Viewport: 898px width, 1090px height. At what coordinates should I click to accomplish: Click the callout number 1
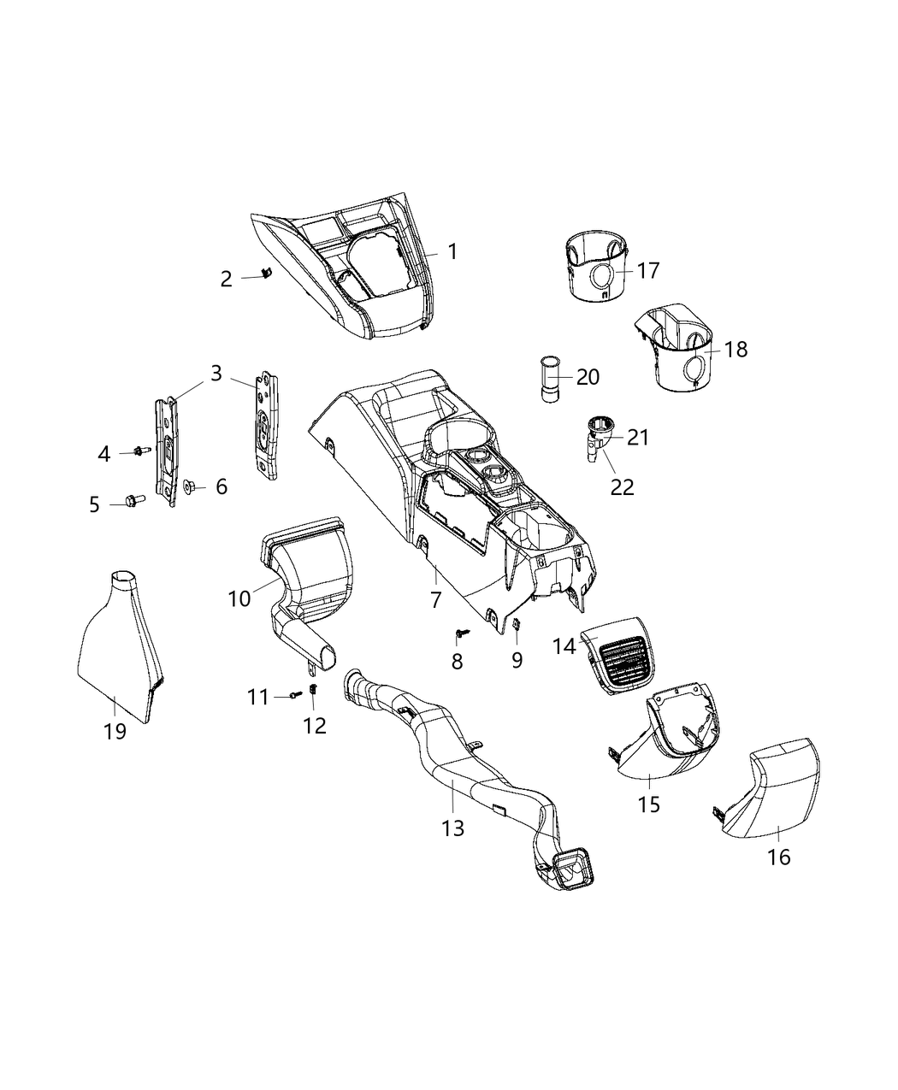pos(452,251)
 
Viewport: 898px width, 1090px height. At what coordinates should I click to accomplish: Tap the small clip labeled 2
pos(266,274)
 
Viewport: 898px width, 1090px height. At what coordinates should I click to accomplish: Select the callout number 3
pos(216,373)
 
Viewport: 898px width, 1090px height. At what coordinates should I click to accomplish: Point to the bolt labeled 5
pos(135,499)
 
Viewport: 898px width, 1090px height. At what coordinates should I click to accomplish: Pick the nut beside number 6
pos(191,488)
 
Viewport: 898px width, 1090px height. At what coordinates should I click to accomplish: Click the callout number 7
pos(435,600)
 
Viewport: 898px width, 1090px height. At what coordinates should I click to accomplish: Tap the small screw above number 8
pos(461,634)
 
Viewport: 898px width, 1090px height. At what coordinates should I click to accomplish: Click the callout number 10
pos(239,598)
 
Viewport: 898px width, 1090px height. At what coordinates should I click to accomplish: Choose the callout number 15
pos(649,804)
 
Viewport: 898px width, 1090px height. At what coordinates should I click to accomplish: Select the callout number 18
pos(736,349)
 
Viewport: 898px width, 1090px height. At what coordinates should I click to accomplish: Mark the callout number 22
pos(622,486)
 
